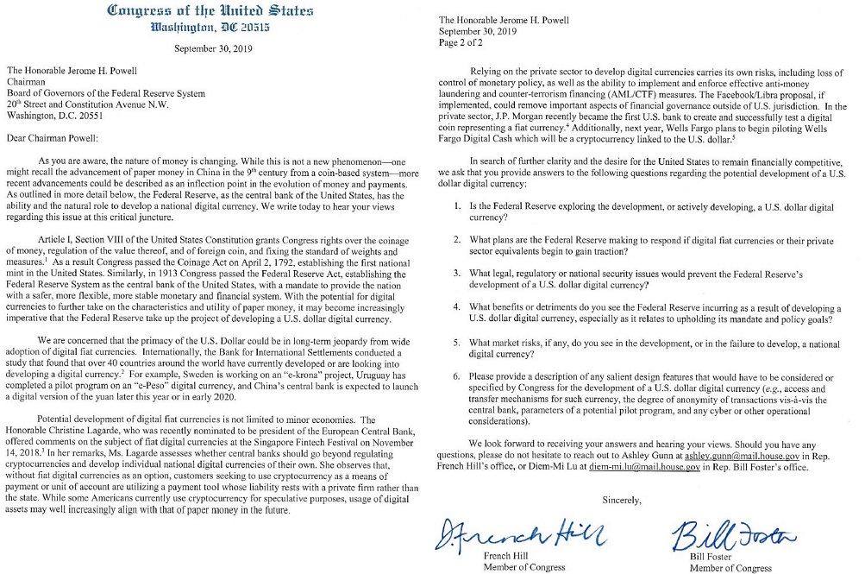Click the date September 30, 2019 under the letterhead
click(210, 49)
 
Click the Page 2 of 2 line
click(463, 42)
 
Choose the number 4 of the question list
click(457, 306)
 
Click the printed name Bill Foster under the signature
click(710, 558)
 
